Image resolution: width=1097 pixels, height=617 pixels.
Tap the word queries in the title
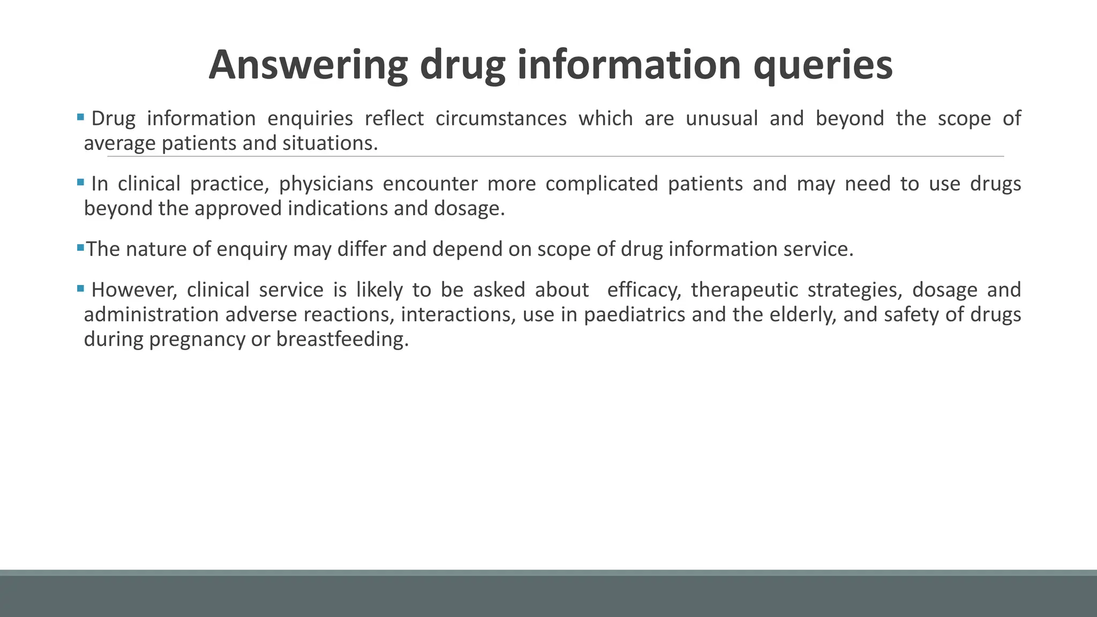tap(823, 65)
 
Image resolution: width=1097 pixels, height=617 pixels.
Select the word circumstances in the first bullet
tap(501, 118)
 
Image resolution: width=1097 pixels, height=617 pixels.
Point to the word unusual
tap(722, 118)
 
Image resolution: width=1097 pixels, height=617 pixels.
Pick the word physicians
tap(326, 184)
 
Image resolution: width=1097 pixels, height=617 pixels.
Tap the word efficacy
tap(644, 290)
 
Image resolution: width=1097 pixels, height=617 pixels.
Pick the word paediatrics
tap(634, 314)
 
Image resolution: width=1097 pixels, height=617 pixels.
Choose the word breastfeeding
tap(342, 339)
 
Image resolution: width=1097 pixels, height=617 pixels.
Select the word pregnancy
tap(197, 339)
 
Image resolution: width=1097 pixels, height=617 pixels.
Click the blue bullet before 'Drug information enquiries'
tap(80, 116)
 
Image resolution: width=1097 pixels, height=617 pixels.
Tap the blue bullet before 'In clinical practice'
tap(80, 182)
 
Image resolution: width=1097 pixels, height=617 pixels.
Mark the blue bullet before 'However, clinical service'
tap(80, 288)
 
